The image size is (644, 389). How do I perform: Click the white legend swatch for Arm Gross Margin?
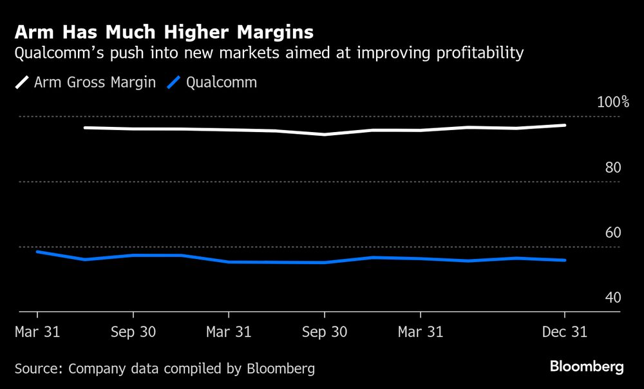[22, 82]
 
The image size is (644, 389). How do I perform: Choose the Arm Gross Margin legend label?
[95, 82]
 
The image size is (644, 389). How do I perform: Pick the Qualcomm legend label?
[222, 82]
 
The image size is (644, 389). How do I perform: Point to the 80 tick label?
[612, 167]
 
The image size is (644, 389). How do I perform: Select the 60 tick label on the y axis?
[612, 232]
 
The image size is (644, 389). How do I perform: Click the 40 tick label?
[612, 298]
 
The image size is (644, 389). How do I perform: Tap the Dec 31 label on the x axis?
[565, 332]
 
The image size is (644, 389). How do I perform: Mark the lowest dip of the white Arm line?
[325, 135]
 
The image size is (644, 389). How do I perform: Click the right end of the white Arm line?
[565, 125]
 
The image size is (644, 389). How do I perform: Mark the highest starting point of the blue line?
[37, 251]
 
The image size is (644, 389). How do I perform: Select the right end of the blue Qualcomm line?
[565, 260]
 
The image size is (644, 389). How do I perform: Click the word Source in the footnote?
[38, 369]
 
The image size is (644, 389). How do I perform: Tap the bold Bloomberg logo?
[587, 367]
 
